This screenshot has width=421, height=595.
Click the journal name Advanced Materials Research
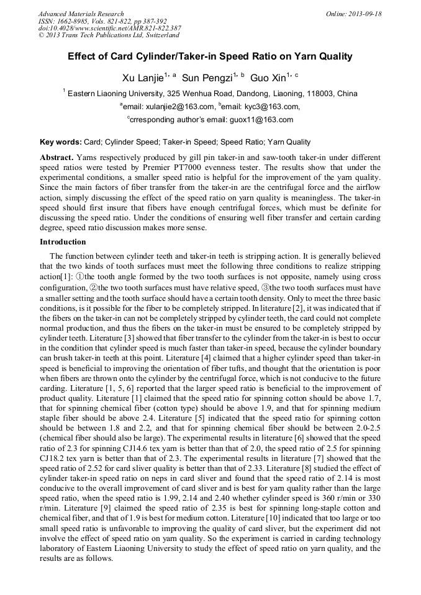coord(81,14)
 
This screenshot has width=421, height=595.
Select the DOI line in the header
coord(110,28)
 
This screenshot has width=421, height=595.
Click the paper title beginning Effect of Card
coord(210,56)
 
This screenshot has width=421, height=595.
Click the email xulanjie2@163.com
coord(178,107)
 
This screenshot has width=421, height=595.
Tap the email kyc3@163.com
coord(259,107)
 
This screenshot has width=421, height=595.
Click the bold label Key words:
coord(60,142)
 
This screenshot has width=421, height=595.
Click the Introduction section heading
coord(63,241)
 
